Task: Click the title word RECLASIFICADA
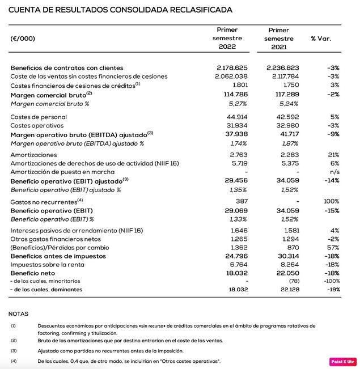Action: (199, 10)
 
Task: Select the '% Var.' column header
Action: (321, 39)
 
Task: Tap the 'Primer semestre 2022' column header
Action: (227, 39)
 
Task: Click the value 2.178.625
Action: (232, 67)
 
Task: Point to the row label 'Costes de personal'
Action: (37, 116)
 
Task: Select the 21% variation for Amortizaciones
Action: (333, 154)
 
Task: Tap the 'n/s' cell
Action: (333, 171)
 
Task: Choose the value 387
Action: (242, 201)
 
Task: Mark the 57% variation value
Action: (333, 248)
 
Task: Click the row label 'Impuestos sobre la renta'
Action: (46, 264)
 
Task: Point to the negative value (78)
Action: (293, 281)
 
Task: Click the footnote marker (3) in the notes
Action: (13, 351)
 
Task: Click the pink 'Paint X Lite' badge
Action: (343, 361)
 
